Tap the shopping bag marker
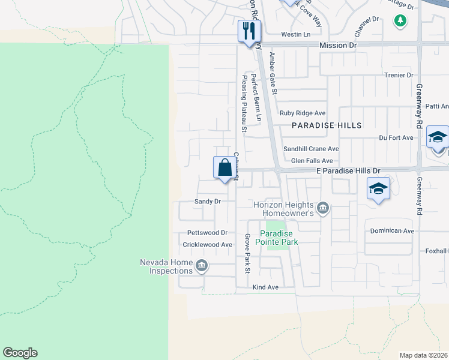coord(224,167)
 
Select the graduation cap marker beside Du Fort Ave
coord(438,137)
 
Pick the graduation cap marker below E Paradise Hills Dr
coord(378,188)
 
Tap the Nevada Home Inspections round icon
coord(201,265)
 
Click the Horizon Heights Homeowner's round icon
coord(323,208)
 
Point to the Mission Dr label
coord(338,45)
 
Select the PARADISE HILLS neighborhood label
coord(327,125)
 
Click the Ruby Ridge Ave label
coord(303,113)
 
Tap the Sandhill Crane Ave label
coord(311,149)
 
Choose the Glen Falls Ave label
coord(312,161)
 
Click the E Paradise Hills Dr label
coord(349,171)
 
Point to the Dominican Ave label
coord(392,230)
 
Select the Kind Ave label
coord(265,287)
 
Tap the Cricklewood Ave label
coord(207,245)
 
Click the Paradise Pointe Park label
coord(279,238)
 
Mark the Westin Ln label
coord(295,34)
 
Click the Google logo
coord(20,353)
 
